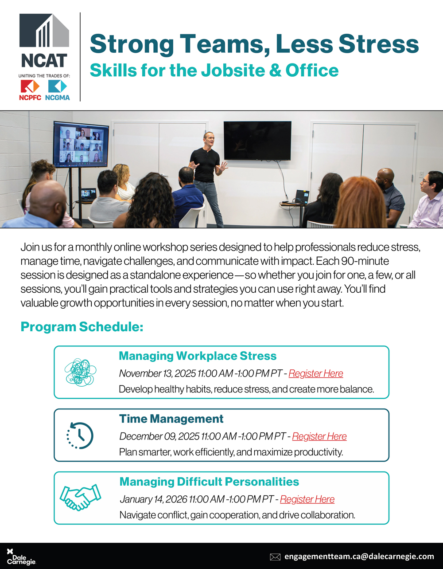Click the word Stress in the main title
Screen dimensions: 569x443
(379, 44)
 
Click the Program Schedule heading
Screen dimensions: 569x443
(82, 327)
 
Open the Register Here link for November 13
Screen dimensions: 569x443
(316, 373)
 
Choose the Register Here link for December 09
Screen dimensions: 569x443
(319, 436)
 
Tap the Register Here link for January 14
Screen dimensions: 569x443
(307, 499)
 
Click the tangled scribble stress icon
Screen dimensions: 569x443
(80, 372)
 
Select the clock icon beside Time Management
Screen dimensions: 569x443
(80, 435)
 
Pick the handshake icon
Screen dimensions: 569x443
(80, 498)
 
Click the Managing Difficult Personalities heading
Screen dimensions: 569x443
(209, 482)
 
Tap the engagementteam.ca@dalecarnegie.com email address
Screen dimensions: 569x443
(359, 556)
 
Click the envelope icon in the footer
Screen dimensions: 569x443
(275, 557)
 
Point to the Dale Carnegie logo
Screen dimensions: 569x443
(20, 557)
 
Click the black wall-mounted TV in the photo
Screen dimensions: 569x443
(257, 140)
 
